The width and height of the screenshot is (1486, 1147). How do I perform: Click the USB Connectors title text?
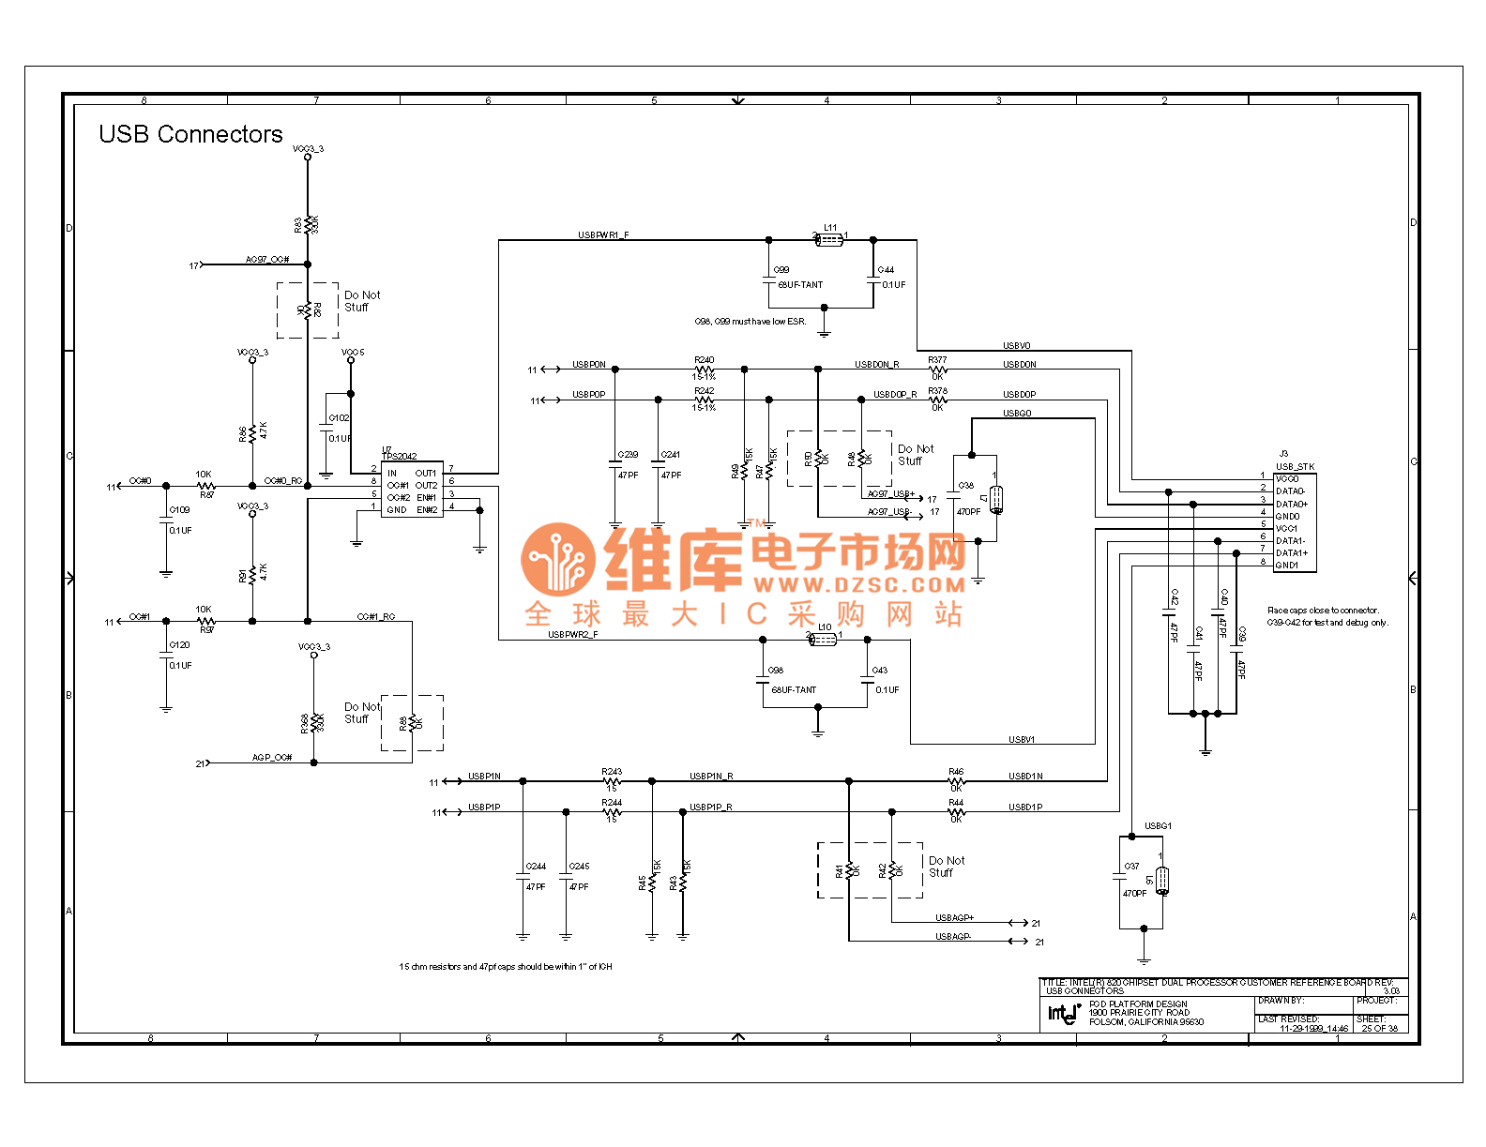190,135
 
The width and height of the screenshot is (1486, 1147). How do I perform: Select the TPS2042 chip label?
401,456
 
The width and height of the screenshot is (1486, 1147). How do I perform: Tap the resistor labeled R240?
705,370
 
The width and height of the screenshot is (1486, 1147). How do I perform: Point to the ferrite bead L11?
829,240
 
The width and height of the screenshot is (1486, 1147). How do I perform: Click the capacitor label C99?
781,270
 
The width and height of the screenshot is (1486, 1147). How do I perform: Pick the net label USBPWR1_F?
603,235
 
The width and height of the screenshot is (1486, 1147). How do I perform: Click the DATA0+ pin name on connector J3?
1292,505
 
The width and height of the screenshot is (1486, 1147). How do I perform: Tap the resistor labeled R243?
612,780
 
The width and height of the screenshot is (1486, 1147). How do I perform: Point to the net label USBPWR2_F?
572,635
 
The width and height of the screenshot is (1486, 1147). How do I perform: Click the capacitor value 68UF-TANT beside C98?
794,690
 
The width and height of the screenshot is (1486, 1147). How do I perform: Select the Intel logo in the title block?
1063,1013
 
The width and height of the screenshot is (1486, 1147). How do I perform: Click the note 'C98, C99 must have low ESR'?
750,322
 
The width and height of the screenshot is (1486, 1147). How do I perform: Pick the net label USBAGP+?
954,918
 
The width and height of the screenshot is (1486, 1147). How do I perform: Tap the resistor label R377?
937,360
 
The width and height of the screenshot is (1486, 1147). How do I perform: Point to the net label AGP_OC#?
272,758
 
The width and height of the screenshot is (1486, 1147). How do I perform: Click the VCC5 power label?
353,353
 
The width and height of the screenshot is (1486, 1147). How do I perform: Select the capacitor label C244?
536,867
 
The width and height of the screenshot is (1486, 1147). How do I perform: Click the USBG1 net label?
1158,826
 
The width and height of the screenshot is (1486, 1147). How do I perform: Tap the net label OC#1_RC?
375,617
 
